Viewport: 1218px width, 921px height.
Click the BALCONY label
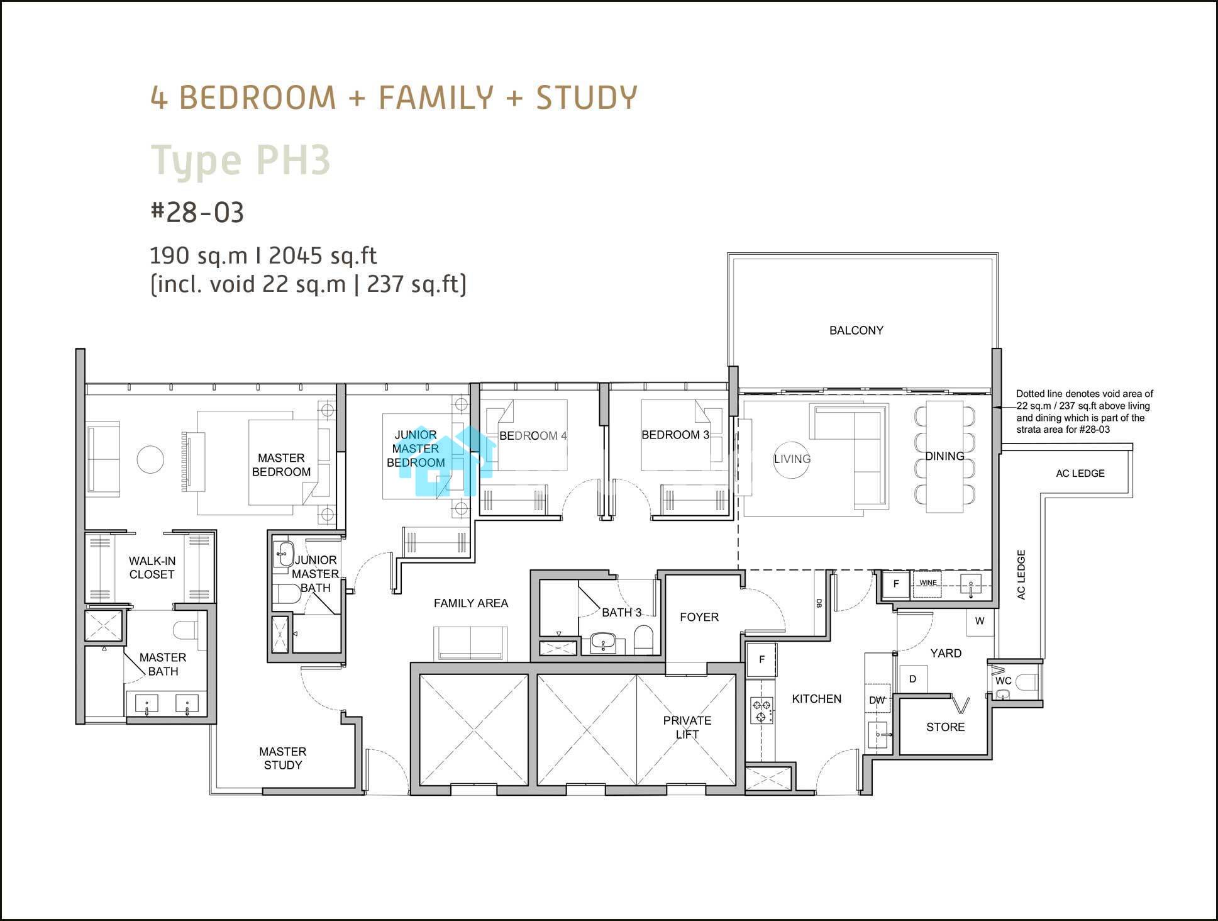click(x=856, y=330)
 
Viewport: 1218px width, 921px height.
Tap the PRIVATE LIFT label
click(x=687, y=727)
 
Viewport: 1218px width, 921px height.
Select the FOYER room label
click(x=699, y=617)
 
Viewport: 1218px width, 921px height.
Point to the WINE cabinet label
click(x=927, y=583)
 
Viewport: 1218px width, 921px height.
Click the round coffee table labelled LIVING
click(x=792, y=459)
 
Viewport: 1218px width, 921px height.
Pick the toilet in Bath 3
click(x=644, y=639)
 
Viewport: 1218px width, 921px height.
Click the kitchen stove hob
click(x=761, y=710)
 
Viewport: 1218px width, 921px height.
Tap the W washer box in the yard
click(x=980, y=621)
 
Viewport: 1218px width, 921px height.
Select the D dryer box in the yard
click(x=913, y=679)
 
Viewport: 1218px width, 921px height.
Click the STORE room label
click(x=945, y=727)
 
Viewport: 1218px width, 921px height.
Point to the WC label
click(x=1004, y=681)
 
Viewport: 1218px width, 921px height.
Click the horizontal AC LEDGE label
click(x=1080, y=474)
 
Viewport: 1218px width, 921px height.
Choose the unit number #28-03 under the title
click(x=197, y=213)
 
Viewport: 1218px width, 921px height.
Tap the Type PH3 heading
click(x=240, y=160)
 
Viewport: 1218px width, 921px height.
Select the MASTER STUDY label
click(x=283, y=758)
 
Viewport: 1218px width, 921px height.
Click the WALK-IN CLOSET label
click(x=152, y=567)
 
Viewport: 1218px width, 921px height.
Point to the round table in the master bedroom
click(x=150, y=460)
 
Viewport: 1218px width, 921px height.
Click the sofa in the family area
click(x=470, y=644)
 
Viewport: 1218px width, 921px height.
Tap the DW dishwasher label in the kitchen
click(x=877, y=700)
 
